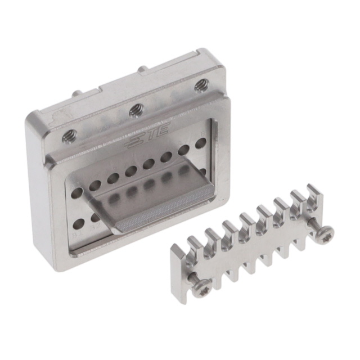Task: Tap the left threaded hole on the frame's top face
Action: tap(70, 136)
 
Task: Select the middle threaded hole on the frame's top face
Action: tap(136, 110)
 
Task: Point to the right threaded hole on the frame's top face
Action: tap(201, 85)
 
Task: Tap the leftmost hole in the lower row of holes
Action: tap(79, 224)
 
